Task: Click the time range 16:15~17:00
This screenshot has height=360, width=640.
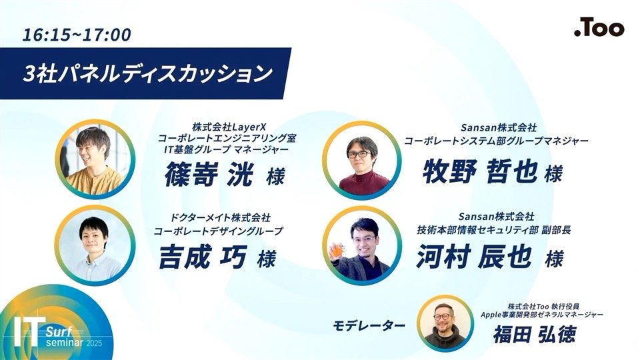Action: click(x=77, y=35)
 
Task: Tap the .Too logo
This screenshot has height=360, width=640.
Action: click(x=599, y=28)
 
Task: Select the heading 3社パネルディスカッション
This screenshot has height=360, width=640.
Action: click(x=148, y=73)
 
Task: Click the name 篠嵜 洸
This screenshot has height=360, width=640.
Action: click(x=209, y=175)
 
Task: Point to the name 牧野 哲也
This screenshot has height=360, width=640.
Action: click(x=480, y=171)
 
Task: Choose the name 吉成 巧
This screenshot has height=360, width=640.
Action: click(x=203, y=257)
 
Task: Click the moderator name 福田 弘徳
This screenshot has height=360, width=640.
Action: click(x=535, y=334)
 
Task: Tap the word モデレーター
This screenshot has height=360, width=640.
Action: click(x=369, y=326)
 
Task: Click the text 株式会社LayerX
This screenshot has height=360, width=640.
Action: click(x=229, y=127)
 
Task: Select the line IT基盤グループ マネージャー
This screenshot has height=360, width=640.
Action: click(x=226, y=149)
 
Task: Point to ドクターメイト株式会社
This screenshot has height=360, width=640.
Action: click(x=221, y=217)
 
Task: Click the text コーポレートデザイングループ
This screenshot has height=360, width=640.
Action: click(x=219, y=231)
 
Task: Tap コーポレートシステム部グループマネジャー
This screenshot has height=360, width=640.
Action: click(x=496, y=141)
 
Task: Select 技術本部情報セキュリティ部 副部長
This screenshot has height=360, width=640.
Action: click(x=493, y=230)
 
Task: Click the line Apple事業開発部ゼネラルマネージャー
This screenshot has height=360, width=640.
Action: click(x=541, y=315)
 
